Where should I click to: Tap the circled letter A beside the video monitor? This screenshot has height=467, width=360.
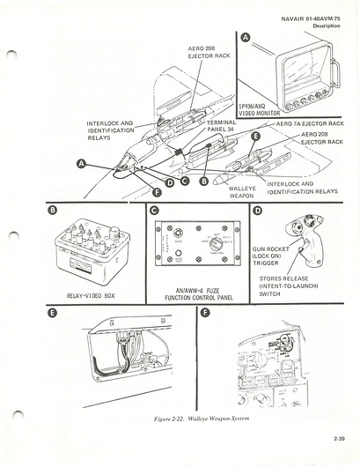pos(246,37)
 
